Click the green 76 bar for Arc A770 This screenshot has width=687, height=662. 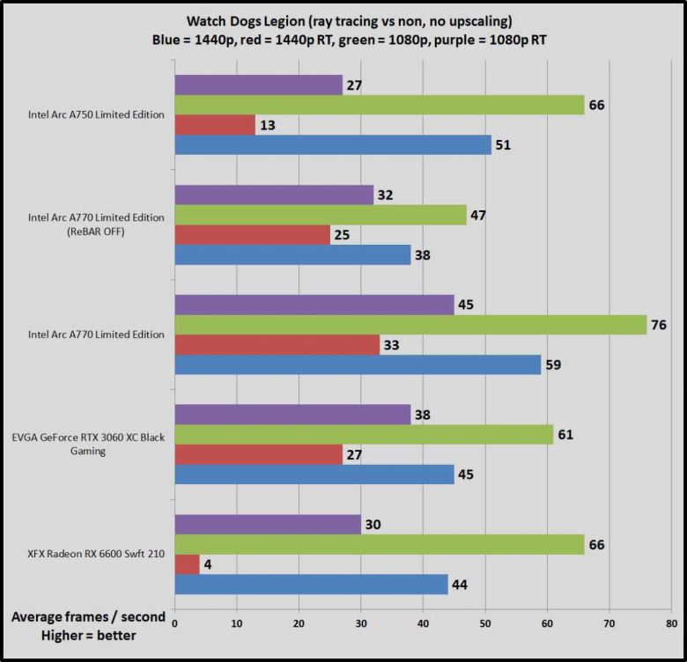[x=410, y=325]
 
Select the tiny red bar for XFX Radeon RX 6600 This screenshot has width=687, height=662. [x=188, y=563]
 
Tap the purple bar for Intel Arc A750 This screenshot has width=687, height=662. [x=258, y=85]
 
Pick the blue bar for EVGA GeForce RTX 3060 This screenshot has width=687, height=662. [x=314, y=474]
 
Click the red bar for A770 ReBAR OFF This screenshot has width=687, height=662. [x=253, y=235]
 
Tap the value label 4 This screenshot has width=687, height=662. [x=208, y=563]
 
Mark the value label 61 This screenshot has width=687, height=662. [x=565, y=435]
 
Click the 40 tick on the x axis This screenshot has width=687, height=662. [x=423, y=622]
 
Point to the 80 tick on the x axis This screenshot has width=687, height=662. [x=670, y=622]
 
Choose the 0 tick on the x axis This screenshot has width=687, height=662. [x=175, y=622]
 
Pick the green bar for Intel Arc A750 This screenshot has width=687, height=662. [x=380, y=105]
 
